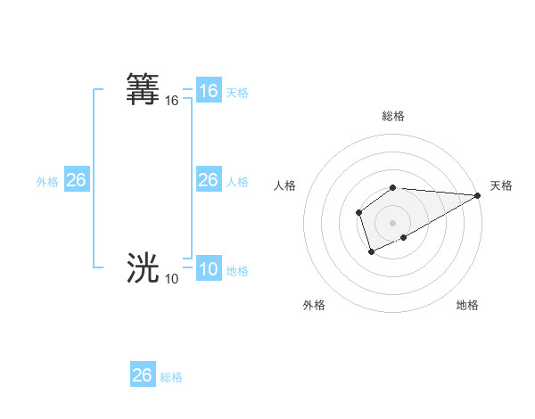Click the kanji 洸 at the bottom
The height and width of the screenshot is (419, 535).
[x=144, y=267]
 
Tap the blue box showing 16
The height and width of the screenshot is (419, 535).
[x=208, y=91]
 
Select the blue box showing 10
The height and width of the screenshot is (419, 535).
[x=208, y=269]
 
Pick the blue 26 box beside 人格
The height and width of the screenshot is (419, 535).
[x=208, y=180]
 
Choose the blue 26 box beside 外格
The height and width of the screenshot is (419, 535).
[x=76, y=180]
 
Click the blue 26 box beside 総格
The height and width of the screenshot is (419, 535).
[x=143, y=375]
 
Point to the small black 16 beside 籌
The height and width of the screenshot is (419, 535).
[x=172, y=102]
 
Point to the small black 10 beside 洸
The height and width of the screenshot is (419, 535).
[x=171, y=279]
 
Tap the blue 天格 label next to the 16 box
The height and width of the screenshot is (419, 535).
[x=237, y=93]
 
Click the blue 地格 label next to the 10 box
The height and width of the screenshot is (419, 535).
[x=237, y=271]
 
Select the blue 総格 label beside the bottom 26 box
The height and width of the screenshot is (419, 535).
[x=171, y=377]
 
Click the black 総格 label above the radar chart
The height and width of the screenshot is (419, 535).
[x=393, y=116]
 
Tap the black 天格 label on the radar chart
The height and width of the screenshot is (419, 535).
[x=501, y=185]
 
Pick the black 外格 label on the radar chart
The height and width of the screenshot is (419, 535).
[x=314, y=305]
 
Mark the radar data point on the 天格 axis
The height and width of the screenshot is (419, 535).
[x=478, y=195]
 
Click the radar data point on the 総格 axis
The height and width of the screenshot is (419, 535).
[x=393, y=187]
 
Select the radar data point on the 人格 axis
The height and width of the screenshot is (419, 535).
[x=358, y=212]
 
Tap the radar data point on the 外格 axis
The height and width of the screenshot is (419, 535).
[x=371, y=253]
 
